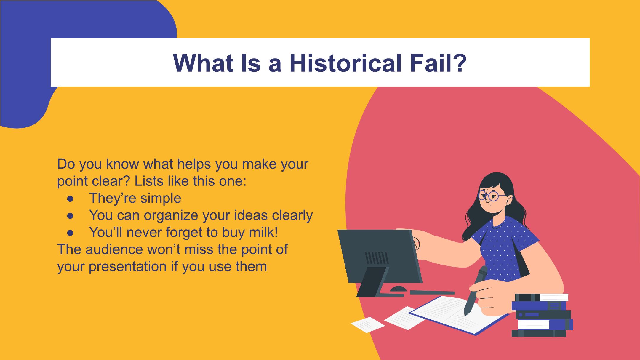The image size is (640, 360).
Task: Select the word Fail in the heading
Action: tap(428, 63)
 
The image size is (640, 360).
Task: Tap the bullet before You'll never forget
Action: tap(70, 233)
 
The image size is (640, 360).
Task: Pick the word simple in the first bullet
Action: tap(161, 199)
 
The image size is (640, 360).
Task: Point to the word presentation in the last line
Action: tap(128, 267)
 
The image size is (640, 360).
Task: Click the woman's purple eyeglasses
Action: tap(492, 195)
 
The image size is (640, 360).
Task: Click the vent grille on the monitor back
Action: tap(376, 257)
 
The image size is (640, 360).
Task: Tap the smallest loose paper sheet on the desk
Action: tap(368, 325)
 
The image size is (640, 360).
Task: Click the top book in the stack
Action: tap(542, 297)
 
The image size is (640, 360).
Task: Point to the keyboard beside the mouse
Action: tap(432, 292)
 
